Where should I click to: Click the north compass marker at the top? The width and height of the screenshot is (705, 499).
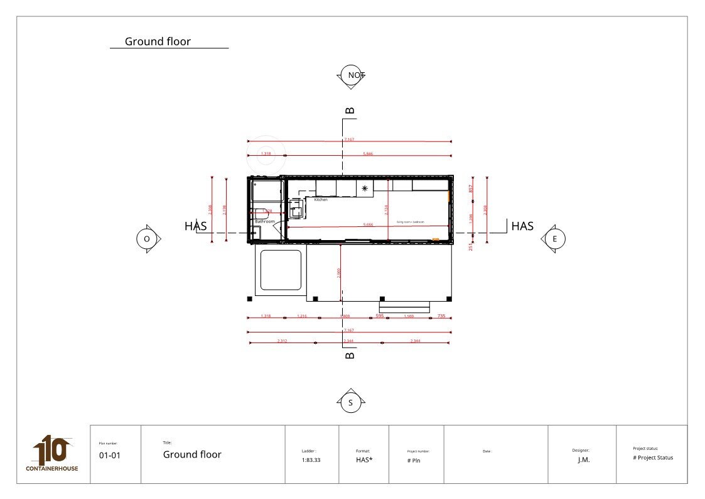tap(350, 75)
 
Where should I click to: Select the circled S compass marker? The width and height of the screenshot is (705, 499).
tap(350, 403)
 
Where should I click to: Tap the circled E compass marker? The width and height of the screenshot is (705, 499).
tap(554, 239)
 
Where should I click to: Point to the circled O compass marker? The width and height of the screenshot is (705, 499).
tap(147, 239)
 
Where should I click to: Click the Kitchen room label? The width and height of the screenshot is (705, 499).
tap(321, 200)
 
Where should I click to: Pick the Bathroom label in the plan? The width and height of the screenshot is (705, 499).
tap(265, 221)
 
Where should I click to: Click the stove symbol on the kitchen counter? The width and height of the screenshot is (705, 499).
tap(364, 188)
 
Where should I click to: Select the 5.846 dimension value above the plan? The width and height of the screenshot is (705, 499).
tap(368, 153)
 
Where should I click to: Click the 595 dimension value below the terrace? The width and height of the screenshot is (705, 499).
tap(380, 316)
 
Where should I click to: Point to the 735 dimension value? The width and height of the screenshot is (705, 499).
tap(441, 316)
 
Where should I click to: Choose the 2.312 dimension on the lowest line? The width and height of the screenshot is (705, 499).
tap(282, 341)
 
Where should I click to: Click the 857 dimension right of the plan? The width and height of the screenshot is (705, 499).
tap(471, 188)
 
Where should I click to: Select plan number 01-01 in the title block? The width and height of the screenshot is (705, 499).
tap(109, 456)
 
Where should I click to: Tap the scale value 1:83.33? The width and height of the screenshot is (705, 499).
tap(311, 460)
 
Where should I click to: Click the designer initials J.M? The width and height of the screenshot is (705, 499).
tap(584, 459)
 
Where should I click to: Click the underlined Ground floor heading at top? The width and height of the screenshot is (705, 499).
tap(158, 42)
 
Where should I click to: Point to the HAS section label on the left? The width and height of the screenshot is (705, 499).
tap(196, 226)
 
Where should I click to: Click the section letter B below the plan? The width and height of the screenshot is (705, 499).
tap(350, 355)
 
